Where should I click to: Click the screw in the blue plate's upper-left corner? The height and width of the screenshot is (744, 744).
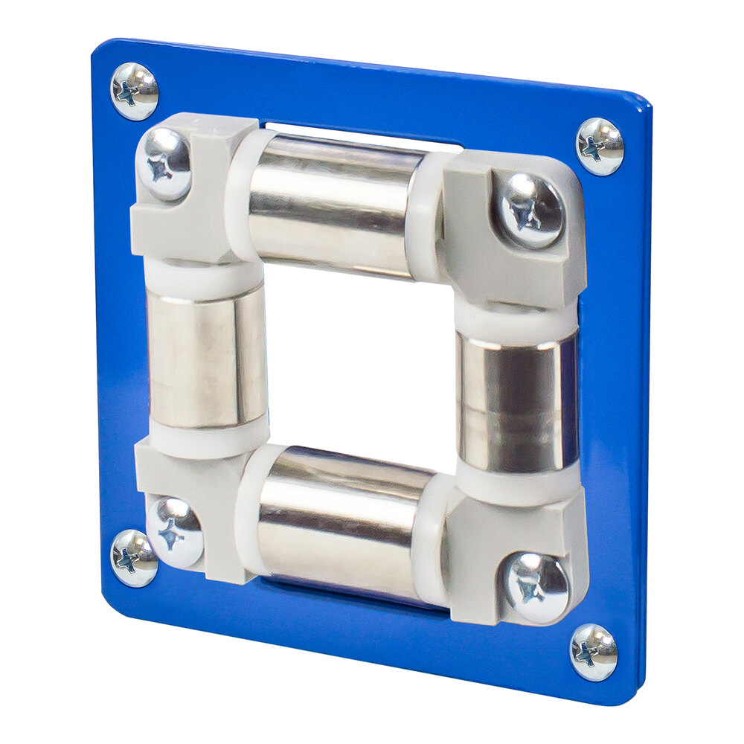tap(134, 92)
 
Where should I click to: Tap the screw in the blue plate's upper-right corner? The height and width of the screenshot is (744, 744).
tap(600, 146)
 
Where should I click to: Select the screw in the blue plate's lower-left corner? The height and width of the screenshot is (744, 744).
tap(134, 558)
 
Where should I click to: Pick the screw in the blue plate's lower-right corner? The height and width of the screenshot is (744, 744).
tap(594, 652)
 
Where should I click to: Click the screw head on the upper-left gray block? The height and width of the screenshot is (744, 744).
tap(164, 164)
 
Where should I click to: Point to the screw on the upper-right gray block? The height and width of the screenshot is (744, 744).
tap(530, 211)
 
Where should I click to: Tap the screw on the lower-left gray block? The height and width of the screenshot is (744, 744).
tap(175, 531)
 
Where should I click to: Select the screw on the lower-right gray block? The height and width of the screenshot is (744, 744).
tap(537, 588)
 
